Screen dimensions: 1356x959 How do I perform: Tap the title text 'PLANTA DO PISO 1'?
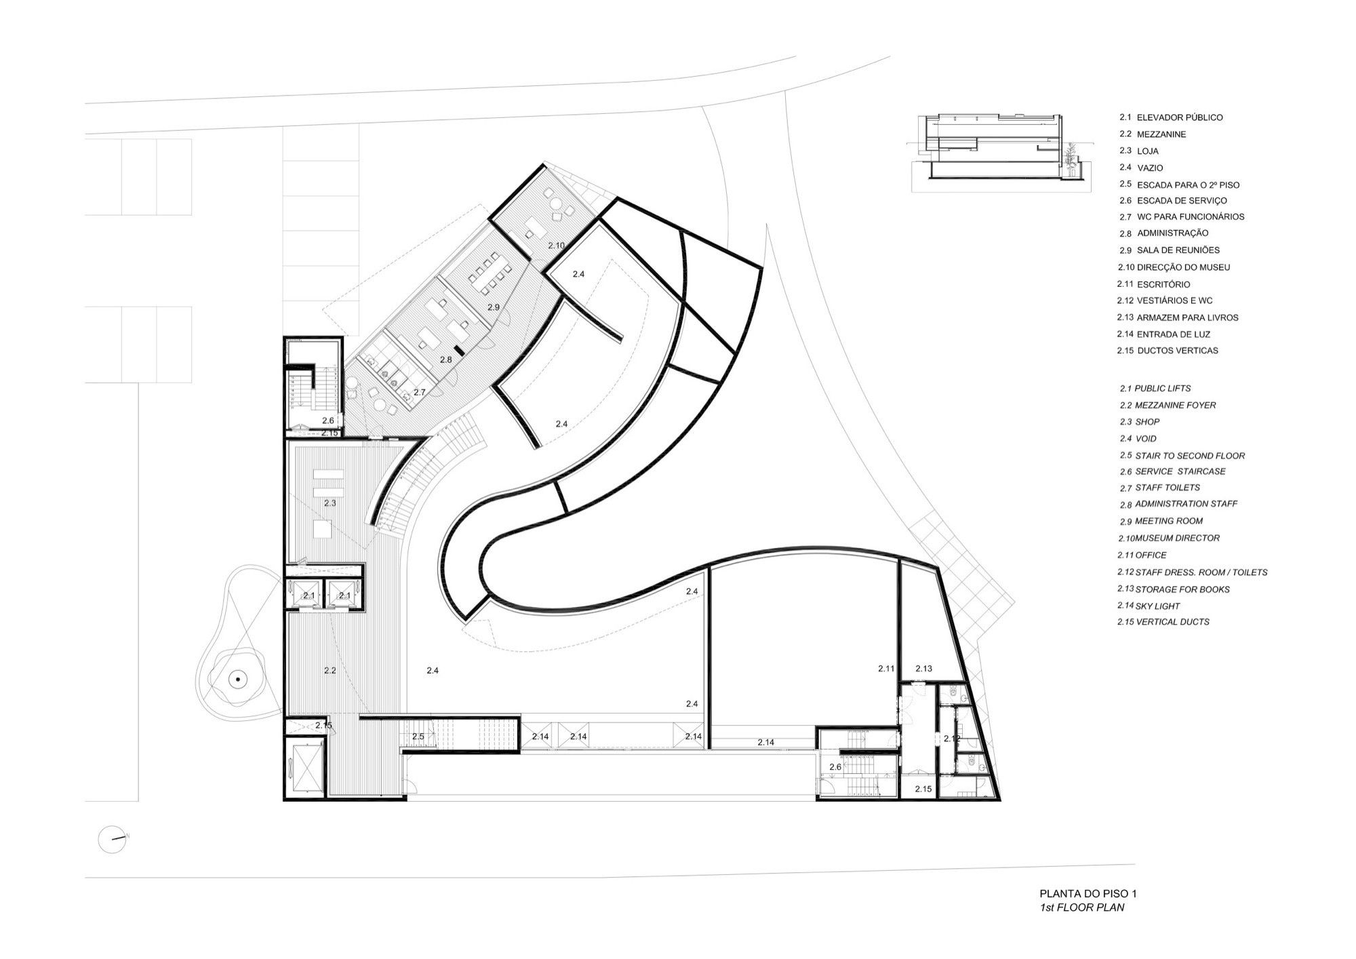coord(1083,894)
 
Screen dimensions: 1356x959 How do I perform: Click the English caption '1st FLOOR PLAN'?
coord(1082,907)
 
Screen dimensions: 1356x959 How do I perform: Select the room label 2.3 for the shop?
coord(330,503)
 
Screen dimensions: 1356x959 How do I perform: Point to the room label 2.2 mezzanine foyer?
coord(330,670)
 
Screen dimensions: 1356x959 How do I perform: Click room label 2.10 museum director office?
coord(556,245)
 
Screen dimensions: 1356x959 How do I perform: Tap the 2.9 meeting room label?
coord(494,307)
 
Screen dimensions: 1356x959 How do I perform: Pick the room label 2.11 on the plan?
coord(886,668)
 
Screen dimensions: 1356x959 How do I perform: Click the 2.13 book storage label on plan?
coord(923,668)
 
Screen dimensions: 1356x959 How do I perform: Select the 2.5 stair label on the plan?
coord(418,736)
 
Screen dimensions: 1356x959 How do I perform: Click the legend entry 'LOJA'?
coord(1148,151)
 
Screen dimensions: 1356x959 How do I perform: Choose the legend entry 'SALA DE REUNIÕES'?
coord(1178,250)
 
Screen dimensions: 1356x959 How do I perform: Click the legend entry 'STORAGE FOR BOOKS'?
coord(1182,589)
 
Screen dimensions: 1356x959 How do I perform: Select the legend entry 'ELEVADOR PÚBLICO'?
coord(1180,117)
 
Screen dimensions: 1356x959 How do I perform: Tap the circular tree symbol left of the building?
coord(238,678)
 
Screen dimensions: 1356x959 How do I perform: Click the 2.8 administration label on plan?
coord(445,360)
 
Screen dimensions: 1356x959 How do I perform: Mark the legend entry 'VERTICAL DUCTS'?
coord(1172,621)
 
